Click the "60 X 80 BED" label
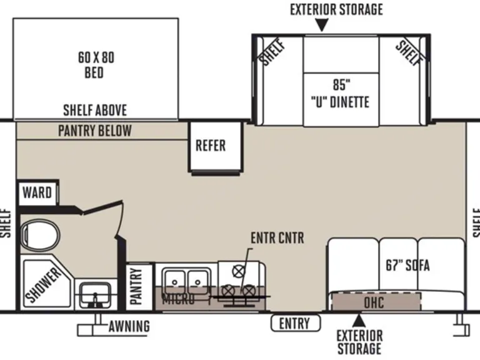(96, 65)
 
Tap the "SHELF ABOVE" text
(95, 111)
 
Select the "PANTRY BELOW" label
(95, 131)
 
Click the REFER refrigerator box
(211, 146)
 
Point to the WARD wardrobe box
(37, 192)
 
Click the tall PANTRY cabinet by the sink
(137, 286)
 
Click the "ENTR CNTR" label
(277, 237)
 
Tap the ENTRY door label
(294, 323)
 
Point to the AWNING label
(129, 326)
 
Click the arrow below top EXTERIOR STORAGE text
(321, 26)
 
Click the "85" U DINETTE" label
(340, 93)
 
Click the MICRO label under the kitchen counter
(178, 299)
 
